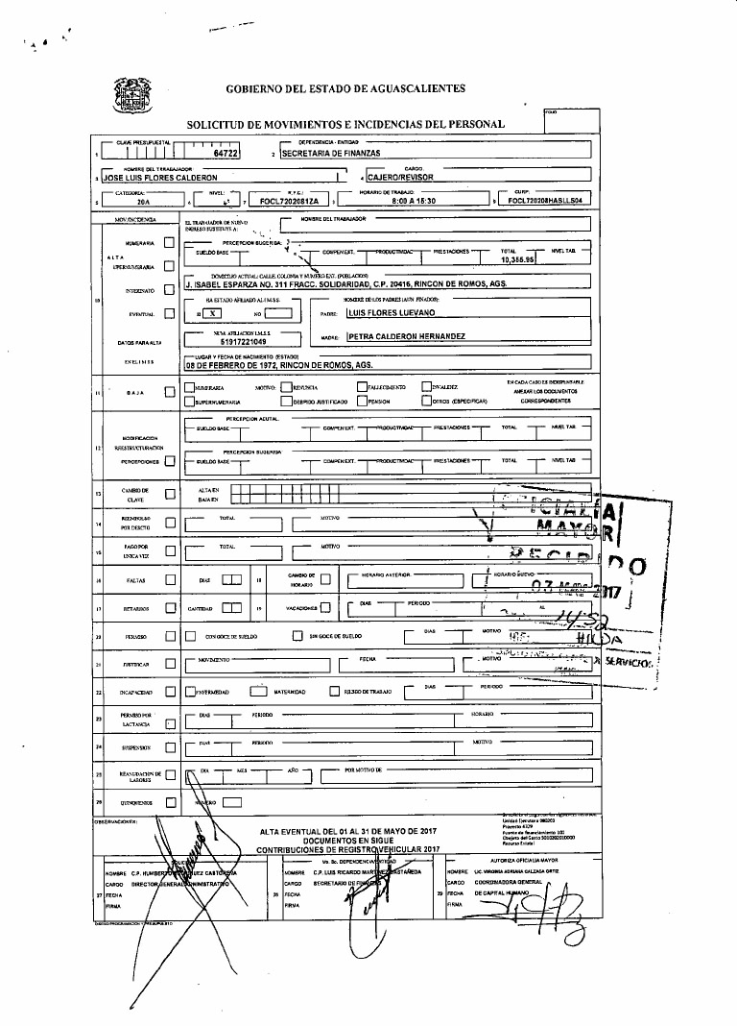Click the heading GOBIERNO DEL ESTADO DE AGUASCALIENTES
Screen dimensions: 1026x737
tap(345, 88)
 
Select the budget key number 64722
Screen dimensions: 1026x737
tap(226, 153)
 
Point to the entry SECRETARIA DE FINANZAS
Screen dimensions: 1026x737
tap(332, 154)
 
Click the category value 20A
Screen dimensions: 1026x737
tap(143, 202)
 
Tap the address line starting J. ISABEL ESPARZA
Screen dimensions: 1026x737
tap(345, 285)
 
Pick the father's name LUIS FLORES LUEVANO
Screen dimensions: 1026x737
tap(391, 313)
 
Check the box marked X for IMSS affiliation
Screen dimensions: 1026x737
tap(214, 313)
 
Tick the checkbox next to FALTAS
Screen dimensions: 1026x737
tap(170, 579)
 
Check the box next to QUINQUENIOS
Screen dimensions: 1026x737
tap(170, 801)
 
